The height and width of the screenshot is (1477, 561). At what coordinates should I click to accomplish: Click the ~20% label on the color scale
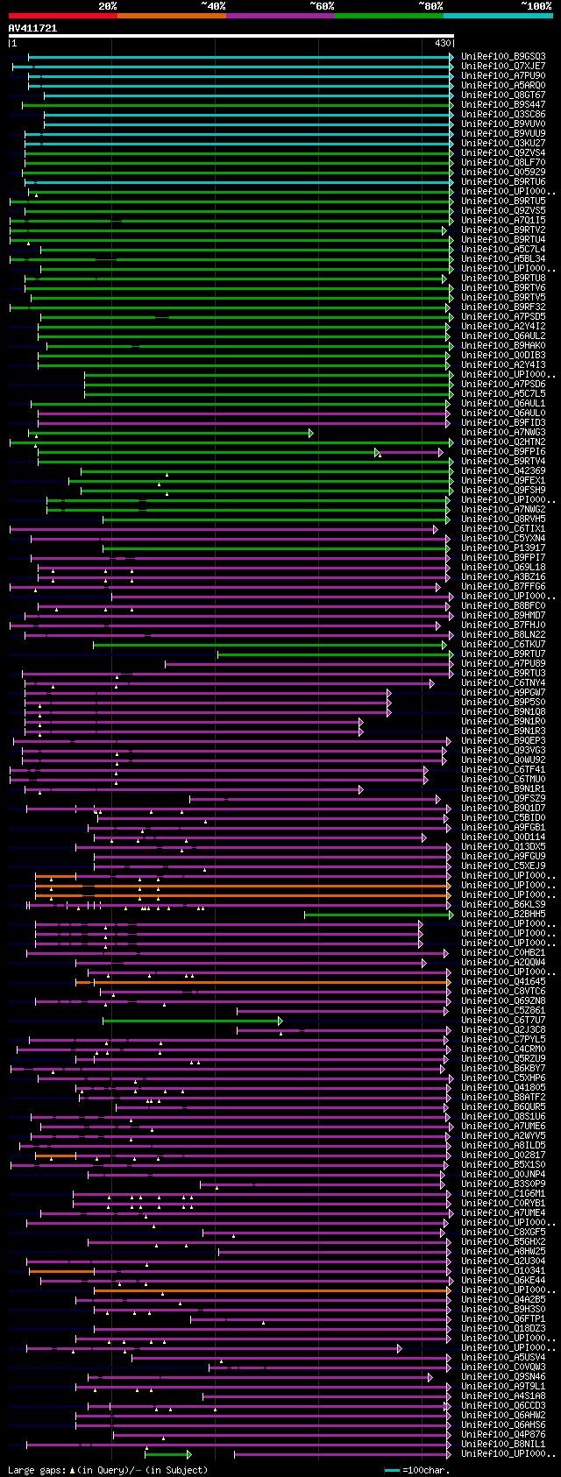(107, 5)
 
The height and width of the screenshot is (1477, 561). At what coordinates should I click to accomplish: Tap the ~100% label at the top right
(536, 5)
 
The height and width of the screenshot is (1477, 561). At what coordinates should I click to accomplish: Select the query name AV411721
(32, 28)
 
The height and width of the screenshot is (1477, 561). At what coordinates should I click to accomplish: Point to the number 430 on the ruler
(442, 43)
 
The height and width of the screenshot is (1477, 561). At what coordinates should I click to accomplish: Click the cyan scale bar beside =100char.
(392, 1470)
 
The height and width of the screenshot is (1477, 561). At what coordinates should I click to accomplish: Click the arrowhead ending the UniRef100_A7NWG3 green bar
(311, 433)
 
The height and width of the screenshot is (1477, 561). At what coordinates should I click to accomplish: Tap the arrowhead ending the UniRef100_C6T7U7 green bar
(280, 1021)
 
